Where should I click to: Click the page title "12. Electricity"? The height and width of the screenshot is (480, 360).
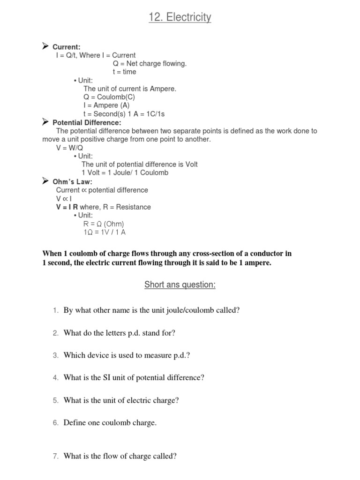click(180, 18)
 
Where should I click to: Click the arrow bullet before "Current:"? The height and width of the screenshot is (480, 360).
click(45, 46)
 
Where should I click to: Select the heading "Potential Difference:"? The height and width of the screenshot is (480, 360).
click(87, 122)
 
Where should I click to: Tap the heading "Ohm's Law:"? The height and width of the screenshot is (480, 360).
click(72, 181)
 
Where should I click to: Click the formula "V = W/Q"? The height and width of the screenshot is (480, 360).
click(69, 148)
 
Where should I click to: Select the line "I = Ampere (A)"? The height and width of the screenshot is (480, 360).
click(106, 105)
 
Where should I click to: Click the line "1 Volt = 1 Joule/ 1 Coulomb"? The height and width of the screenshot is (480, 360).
click(125, 173)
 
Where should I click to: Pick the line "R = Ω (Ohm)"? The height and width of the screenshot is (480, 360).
click(104, 224)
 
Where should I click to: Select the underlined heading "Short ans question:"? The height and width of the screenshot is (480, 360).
click(180, 285)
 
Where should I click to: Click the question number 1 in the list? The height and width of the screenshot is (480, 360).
click(55, 310)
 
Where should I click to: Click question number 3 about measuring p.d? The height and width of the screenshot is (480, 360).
click(55, 355)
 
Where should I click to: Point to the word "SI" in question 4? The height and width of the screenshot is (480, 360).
click(113, 378)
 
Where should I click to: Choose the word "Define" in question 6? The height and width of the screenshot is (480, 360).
click(75, 423)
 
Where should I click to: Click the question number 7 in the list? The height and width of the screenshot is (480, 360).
click(55, 456)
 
